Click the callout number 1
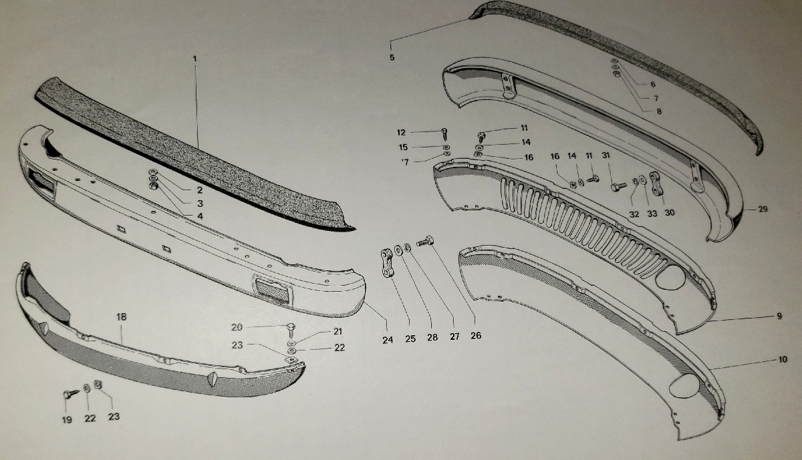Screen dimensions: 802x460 [x=195, y=58]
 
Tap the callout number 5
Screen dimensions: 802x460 [x=392, y=57]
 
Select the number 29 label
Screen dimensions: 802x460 [x=763, y=209]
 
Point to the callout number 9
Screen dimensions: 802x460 [x=779, y=316]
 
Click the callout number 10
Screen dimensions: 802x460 [x=783, y=359]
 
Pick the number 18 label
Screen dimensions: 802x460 [x=122, y=317]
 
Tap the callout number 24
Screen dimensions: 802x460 [x=388, y=340]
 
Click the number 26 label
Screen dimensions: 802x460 [x=476, y=336]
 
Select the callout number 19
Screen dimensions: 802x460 [x=67, y=419]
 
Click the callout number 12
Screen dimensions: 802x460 [x=401, y=133]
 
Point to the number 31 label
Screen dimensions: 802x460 [x=606, y=156]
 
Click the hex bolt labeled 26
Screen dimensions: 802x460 [x=425, y=242]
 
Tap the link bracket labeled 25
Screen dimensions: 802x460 [x=387, y=263]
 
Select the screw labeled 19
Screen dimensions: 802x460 [x=71, y=394]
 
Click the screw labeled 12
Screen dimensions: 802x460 [x=444, y=134]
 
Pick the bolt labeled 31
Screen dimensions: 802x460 [x=618, y=187]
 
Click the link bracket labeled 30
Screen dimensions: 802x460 [x=656, y=184]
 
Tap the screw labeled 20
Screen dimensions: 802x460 [x=291, y=330]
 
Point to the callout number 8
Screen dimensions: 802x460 [x=659, y=111]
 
